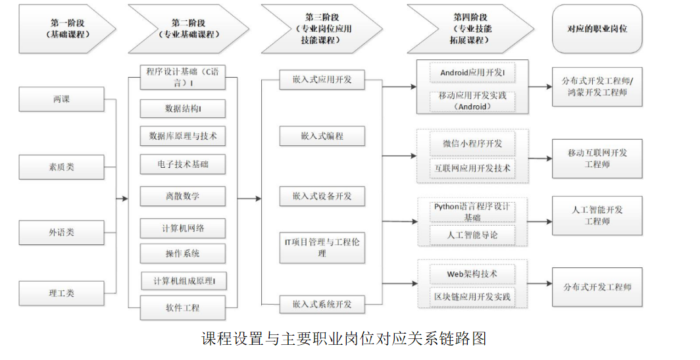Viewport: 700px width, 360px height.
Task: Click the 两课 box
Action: point(61,99)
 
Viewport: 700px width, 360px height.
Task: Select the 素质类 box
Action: point(61,167)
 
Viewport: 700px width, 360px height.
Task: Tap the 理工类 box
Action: point(61,294)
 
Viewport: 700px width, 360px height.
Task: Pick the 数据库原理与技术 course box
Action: point(183,136)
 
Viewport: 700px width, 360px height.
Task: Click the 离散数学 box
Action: point(183,196)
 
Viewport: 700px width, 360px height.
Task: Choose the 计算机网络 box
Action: point(183,228)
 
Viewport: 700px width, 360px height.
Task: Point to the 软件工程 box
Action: point(183,308)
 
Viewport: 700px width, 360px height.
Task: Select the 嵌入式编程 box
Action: point(322,136)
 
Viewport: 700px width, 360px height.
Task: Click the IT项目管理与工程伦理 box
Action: point(322,247)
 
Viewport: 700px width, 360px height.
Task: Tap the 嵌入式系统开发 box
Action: point(322,304)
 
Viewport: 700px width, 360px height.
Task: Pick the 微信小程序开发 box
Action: point(472,143)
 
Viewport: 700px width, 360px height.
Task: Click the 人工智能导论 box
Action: point(472,235)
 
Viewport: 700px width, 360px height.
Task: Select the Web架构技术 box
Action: point(472,274)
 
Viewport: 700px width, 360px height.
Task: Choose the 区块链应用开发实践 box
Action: point(472,297)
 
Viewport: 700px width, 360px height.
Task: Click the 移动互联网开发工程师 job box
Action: point(597,159)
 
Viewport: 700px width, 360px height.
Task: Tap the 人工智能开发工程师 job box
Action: point(597,216)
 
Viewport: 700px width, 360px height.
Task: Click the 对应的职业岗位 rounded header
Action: point(597,28)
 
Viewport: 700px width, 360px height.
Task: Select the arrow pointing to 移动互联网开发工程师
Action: point(540,159)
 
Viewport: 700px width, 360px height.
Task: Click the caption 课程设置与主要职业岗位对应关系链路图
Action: point(343,338)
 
